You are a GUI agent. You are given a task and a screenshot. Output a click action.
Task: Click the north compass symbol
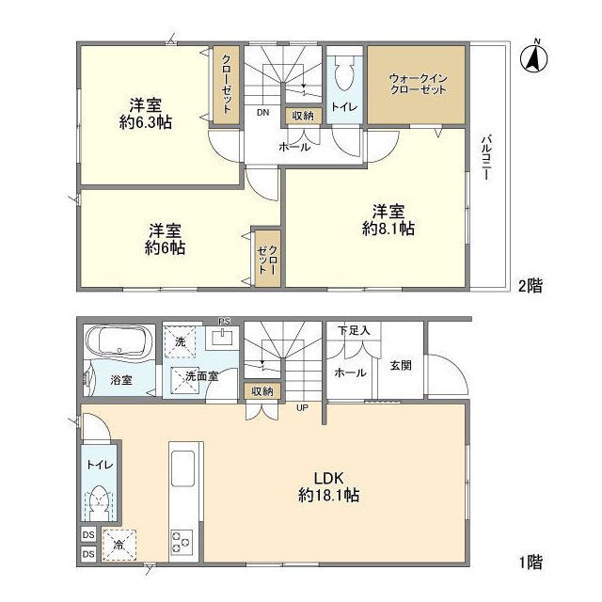point(533,56)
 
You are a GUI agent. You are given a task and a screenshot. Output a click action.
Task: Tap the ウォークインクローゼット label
point(418,84)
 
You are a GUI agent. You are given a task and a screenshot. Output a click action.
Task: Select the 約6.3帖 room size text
point(146,122)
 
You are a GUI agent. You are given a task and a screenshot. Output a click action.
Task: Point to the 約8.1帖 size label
point(388,229)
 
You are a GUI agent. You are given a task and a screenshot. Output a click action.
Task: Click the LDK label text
point(328,479)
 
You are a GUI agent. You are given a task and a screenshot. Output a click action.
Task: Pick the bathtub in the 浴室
point(119,342)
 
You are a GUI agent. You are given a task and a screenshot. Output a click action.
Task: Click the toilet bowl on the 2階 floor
point(345,73)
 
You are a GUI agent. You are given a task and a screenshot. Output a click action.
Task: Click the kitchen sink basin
point(182,468)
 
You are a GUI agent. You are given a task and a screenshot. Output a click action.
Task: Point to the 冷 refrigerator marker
point(119,545)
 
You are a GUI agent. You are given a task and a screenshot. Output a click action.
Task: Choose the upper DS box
point(88,535)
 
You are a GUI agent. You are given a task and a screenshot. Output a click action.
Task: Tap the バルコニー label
point(487,157)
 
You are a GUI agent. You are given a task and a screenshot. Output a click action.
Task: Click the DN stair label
point(263,113)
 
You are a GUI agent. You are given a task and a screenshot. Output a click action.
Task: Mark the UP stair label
point(302,407)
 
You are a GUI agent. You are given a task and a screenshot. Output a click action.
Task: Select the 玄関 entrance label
point(401,366)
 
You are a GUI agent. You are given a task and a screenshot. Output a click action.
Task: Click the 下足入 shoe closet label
point(354,330)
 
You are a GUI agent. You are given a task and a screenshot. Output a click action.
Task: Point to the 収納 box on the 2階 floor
point(303,116)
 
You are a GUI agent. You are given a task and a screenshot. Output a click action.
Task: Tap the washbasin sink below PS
point(222,338)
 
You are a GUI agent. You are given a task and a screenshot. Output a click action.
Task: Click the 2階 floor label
point(531,286)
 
